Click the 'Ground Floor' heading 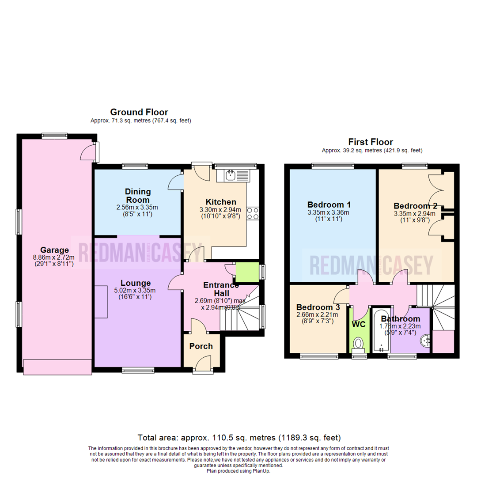pos(139,112)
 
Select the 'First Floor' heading pos(371,142)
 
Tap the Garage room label pos(55,250)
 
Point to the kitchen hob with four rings pos(253,214)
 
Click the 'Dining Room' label pos(138,196)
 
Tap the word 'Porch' pos(201,346)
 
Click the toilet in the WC pos(359,343)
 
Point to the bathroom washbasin pos(424,341)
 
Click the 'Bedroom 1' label pos(329,205)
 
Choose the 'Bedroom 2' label pos(415,206)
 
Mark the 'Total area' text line pos(239,438)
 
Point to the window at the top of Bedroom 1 pos(332,166)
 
